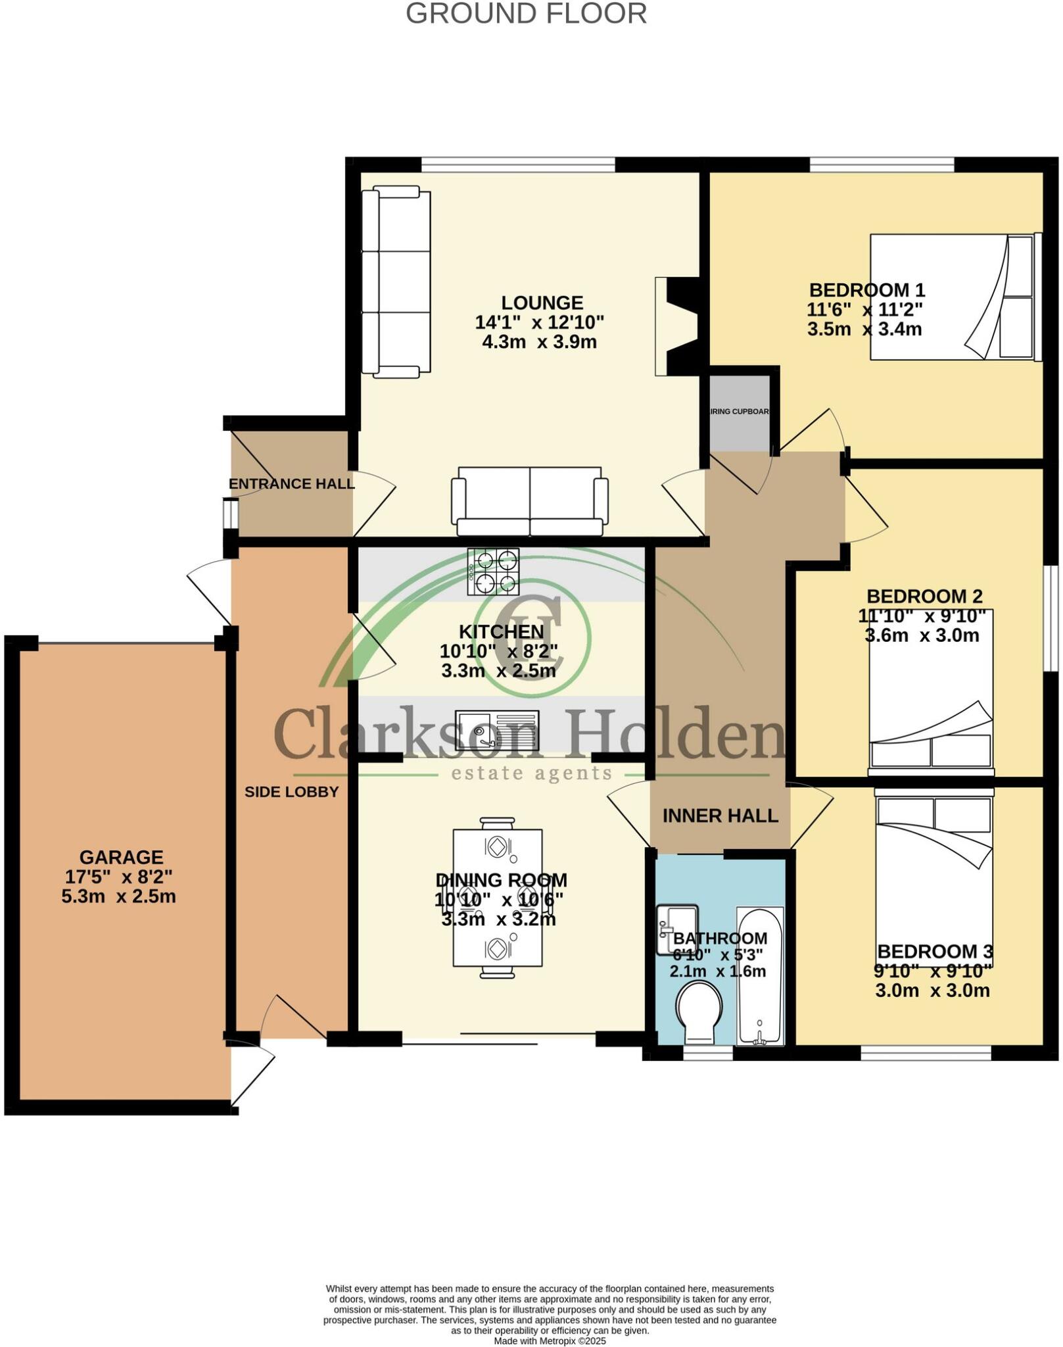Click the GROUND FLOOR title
click(526, 14)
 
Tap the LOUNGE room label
click(542, 303)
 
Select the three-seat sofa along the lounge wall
click(396, 282)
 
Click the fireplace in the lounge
click(677, 326)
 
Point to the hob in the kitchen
click(493, 572)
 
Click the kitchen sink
click(497, 731)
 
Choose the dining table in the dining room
click(498, 898)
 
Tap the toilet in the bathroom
click(699, 1013)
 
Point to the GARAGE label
click(121, 858)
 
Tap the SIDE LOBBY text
click(291, 792)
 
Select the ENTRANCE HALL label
click(291, 484)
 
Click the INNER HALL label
click(720, 816)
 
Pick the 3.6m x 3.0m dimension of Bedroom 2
click(922, 635)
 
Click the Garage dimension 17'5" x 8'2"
click(118, 877)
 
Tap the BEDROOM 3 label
click(934, 952)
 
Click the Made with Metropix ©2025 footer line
click(550, 1341)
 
